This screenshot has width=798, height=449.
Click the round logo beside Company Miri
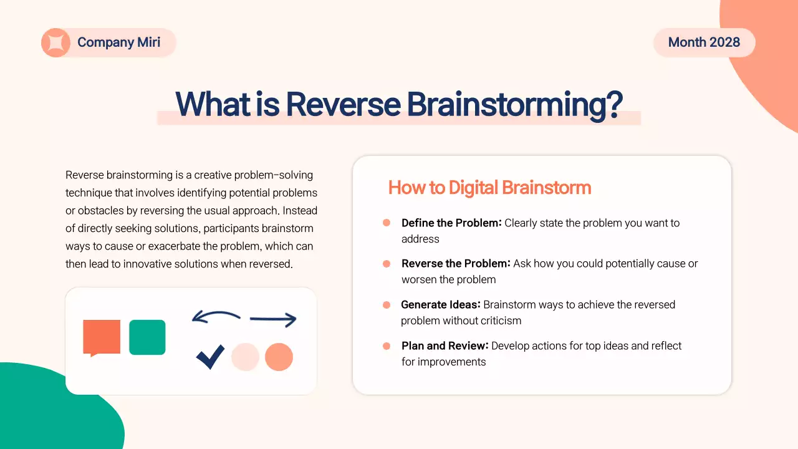point(55,43)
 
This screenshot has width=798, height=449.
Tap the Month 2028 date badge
point(704,42)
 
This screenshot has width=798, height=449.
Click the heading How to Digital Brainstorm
point(489,188)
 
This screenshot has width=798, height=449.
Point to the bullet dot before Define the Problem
point(387,223)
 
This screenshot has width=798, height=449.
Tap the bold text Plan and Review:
point(445,345)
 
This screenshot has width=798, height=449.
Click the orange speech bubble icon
point(102,337)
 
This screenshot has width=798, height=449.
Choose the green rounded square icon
point(147,337)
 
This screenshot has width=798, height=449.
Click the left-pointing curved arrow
point(216,317)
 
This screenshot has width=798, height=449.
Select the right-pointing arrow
point(273,320)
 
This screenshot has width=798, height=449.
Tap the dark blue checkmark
point(210,357)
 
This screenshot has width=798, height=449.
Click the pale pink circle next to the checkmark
point(245,357)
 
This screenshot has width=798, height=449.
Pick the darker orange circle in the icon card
point(279,357)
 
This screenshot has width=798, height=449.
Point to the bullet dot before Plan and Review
point(387,345)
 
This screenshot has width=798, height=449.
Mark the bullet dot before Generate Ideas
point(387,305)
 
